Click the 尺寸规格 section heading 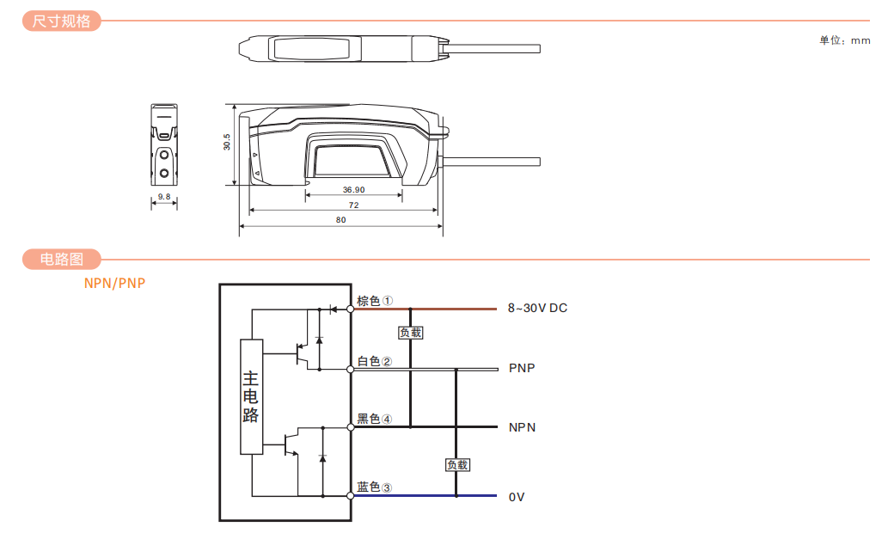point(61,21)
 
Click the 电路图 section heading point(61,259)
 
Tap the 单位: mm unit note point(844,40)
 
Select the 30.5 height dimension point(226,142)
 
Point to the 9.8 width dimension point(163,197)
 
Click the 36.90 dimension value point(353,189)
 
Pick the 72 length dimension point(353,205)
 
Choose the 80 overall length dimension point(341,220)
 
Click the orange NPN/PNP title point(114,284)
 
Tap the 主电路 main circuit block point(251,396)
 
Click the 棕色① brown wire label point(375,301)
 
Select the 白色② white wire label point(375,361)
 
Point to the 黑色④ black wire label point(375,420)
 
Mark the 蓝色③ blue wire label point(375,487)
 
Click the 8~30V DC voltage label point(537,308)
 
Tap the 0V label point(517,497)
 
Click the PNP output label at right point(522,368)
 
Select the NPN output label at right point(522,427)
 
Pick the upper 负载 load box point(411,333)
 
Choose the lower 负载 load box point(457,465)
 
